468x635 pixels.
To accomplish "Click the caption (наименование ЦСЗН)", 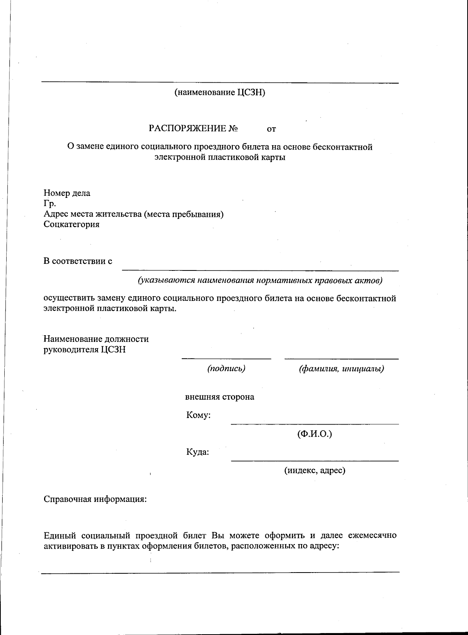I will click(220, 93).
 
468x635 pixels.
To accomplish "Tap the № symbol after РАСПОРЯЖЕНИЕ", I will click(233, 128).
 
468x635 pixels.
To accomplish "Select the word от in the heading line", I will click(271, 129).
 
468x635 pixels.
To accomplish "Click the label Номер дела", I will click(67, 193).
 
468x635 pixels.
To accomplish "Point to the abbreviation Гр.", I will click(50, 203).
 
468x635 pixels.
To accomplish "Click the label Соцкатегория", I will click(71, 224).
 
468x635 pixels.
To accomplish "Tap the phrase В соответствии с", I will click(78, 261).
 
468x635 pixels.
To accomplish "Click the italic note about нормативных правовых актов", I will click(260, 280).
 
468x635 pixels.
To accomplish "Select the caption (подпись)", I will click(226, 368).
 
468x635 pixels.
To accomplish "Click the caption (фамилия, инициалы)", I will click(341, 368).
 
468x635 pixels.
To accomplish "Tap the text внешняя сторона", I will click(220, 397).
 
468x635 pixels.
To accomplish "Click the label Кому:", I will click(198, 415).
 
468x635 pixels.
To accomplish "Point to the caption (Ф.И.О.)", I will click(314, 434).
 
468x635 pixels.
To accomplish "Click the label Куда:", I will click(197, 452).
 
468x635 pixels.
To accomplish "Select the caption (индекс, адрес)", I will click(314, 470).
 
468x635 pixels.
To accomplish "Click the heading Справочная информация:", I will click(95, 499).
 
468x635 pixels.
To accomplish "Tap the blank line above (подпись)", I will click(226, 358).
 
